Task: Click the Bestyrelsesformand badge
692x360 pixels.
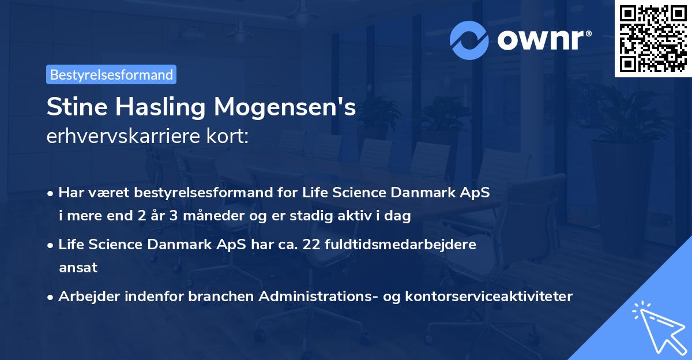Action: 111,74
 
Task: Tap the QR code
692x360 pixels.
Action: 653,38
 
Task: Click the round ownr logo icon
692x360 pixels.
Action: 469,40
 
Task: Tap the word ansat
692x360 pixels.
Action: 78,268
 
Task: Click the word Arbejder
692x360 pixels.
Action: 85,297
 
